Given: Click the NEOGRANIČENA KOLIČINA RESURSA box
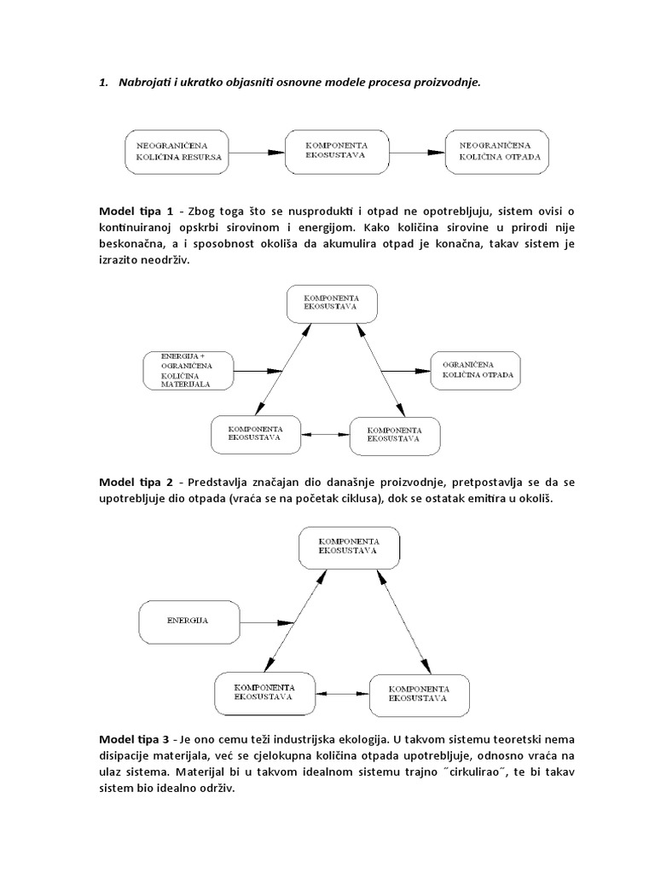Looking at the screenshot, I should (177, 152).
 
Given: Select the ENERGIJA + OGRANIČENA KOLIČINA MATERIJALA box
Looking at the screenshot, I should (188, 370).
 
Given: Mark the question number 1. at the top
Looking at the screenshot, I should (104, 82).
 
